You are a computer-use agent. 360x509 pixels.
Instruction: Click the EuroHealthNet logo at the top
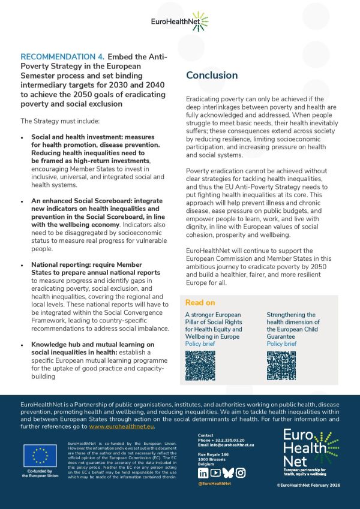179,22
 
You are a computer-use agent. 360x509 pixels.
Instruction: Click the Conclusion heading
211,76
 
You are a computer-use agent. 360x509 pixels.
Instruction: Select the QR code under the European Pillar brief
200,365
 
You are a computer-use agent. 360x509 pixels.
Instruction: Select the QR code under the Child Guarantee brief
281,365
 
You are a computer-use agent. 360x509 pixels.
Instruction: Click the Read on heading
200,303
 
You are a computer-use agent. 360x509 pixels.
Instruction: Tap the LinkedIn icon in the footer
203,472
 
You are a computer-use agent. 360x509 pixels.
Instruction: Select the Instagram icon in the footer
241,472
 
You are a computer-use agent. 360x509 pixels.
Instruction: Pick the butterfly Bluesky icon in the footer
228,472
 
